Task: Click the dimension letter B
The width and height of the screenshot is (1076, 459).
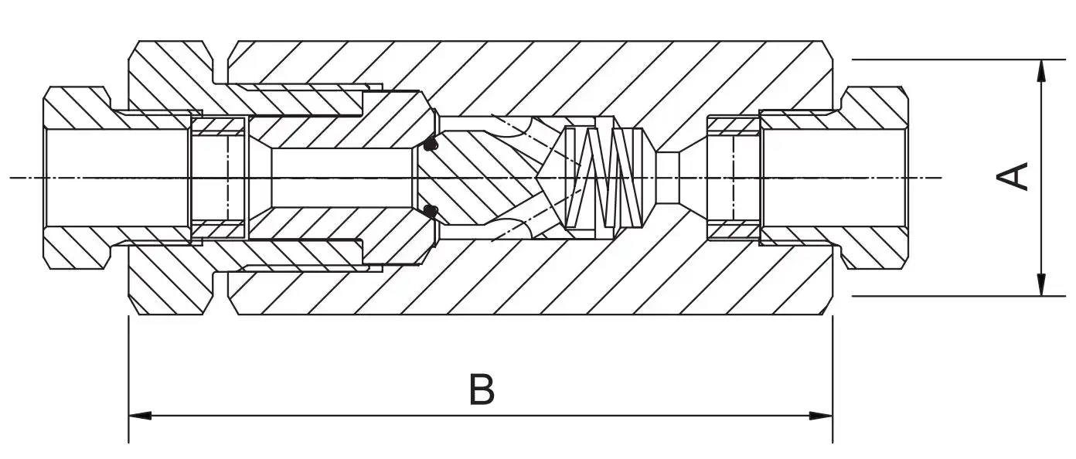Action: click(x=482, y=389)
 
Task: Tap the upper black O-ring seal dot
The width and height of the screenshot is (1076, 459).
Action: click(x=430, y=144)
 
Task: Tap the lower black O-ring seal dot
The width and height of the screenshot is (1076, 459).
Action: click(x=431, y=210)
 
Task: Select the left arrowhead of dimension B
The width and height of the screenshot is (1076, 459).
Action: click(x=140, y=415)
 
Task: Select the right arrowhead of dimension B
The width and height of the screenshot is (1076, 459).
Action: click(x=821, y=415)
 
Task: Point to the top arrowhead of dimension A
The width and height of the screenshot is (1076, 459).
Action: click(x=1041, y=72)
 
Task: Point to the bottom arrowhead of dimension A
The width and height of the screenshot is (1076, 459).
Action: click(x=1041, y=284)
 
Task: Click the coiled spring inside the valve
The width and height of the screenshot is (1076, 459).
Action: click(x=604, y=178)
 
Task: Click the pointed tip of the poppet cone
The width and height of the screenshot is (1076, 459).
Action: click(x=536, y=178)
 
